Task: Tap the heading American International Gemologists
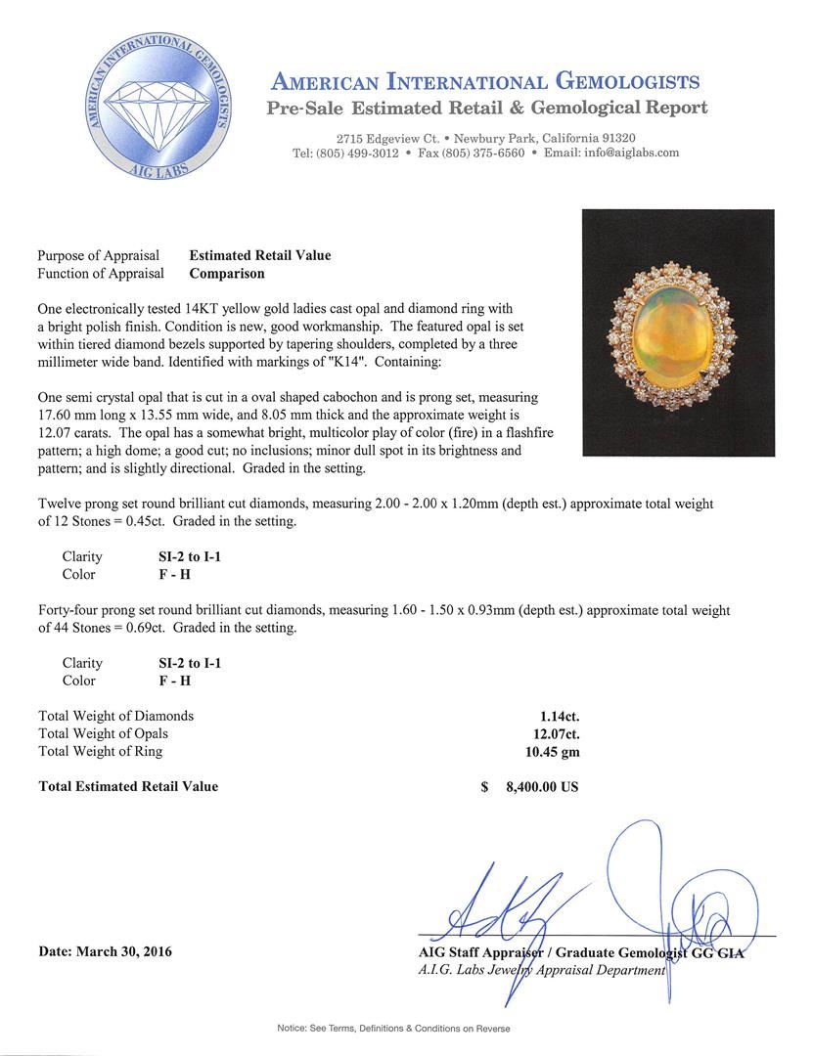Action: coord(485,81)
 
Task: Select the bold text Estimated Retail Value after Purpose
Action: coord(259,255)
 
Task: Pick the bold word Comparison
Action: coord(226,274)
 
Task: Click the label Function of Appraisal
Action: coord(101,274)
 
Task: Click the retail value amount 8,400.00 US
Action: coord(541,786)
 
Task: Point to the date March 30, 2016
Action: coord(105,951)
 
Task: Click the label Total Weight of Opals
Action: coord(103,733)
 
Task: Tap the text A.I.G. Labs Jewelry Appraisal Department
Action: coord(541,970)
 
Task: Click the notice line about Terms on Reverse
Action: coord(393,1029)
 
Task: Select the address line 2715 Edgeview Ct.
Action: coord(387,138)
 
